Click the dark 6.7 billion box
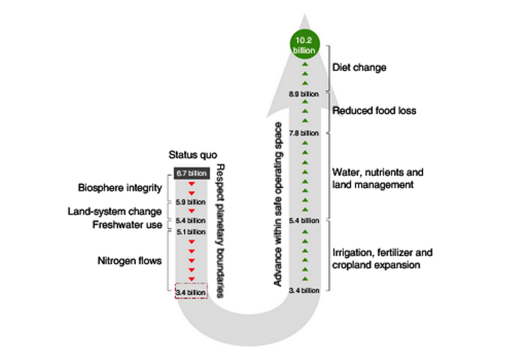(x=190, y=174)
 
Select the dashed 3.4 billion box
(x=190, y=292)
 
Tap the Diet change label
(x=360, y=68)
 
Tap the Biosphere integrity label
(x=120, y=187)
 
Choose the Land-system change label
(x=115, y=211)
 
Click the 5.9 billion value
(x=190, y=202)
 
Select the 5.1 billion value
(x=190, y=232)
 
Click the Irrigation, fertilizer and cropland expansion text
(x=383, y=258)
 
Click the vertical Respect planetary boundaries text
(x=219, y=230)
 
